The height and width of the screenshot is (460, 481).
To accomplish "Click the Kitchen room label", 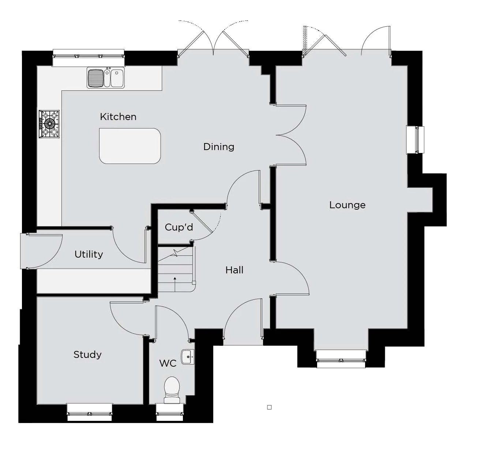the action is tap(118, 117).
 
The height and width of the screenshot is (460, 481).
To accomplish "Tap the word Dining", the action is tap(219, 147).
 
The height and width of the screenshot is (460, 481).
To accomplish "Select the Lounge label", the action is tap(347, 205).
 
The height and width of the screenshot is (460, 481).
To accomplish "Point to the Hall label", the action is tap(234, 270).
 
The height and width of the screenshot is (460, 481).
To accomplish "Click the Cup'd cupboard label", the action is tap(179, 227).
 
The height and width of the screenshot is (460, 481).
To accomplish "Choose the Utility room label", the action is tap(89, 254).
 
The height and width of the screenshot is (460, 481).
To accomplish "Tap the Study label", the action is tap(87, 355).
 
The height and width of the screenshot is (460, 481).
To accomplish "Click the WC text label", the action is tap(168, 363).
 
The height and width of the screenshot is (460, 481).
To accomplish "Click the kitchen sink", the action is tap(106, 78).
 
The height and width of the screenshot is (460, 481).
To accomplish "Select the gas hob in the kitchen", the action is tap(49, 124).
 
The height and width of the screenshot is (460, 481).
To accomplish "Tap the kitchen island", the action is tap(130, 146).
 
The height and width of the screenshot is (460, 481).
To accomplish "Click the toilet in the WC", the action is tap(172, 390).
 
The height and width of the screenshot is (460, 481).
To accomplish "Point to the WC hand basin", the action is tap(188, 357).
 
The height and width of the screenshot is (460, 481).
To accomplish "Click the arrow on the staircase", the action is tap(175, 284).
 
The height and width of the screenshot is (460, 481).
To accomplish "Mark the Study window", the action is tap(90, 412).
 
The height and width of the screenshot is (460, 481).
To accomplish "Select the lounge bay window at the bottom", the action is tap(341, 359).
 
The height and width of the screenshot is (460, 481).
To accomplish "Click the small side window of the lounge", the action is tap(415, 140).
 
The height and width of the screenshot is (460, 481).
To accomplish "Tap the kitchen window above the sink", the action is tap(89, 57).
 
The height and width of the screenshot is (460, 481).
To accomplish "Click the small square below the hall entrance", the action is tap(270, 407).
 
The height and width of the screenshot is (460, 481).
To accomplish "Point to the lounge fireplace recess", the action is tap(420, 200).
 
